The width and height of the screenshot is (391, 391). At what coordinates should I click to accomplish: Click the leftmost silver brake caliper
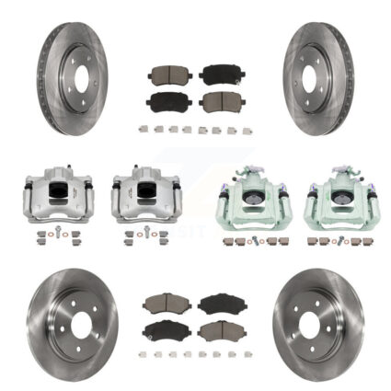54,194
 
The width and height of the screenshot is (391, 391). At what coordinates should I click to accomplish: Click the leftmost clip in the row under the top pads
144,129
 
